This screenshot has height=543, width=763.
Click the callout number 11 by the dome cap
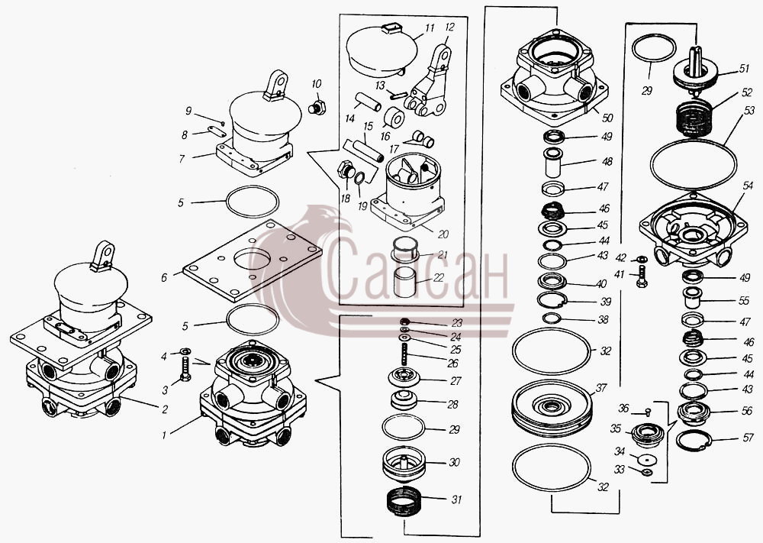coord(430,28)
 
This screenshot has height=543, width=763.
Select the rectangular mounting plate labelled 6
coord(253,260)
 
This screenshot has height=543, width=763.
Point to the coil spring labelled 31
coord(402,503)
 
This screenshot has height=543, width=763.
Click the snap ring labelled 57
coord(694,441)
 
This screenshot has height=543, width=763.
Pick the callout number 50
coord(607,118)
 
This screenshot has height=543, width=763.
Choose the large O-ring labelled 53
coord(694,165)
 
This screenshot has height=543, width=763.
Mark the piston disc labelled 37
coord(552,408)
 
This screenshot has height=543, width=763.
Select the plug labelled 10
coord(317,108)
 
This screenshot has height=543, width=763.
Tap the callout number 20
coord(443,234)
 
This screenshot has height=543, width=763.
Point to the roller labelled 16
coord(394,118)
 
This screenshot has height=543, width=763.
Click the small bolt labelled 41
coord(642,276)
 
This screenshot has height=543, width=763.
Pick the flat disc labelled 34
coord(647,459)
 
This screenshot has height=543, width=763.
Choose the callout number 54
coord(748,186)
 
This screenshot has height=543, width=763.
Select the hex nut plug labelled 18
coord(346,170)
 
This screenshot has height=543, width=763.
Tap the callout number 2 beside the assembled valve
coord(165,409)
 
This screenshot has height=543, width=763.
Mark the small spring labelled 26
coord(404,354)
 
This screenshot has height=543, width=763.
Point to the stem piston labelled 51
coord(696,70)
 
